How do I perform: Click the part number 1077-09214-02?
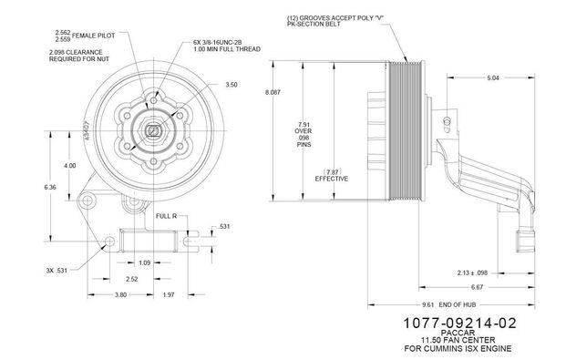(x=459, y=323)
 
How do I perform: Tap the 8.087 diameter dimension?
(x=273, y=92)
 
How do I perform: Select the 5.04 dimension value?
(x=493, y=77)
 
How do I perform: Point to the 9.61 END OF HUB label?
(x=449, y=304)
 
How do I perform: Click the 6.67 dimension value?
(x=477, y=287)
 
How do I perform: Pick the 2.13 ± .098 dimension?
(x=472, y=273)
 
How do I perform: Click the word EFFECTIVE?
(x=332, y=179)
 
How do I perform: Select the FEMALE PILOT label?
(x=93, y=36)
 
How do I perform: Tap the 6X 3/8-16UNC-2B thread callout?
(x=217, y=42)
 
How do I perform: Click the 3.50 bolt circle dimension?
(x=231, y=85)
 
